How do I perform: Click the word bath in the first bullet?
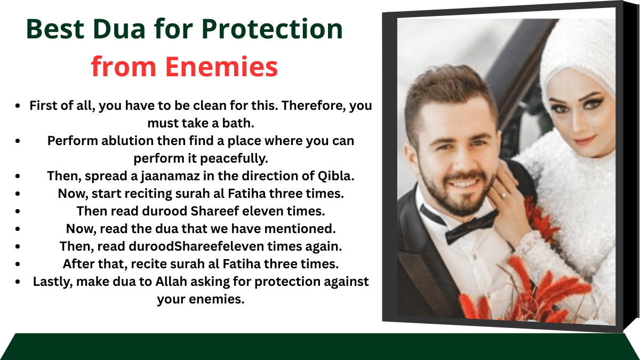[239, 123]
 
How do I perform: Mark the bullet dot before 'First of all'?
[19, 106]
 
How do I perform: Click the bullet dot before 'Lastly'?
[19, 281]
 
